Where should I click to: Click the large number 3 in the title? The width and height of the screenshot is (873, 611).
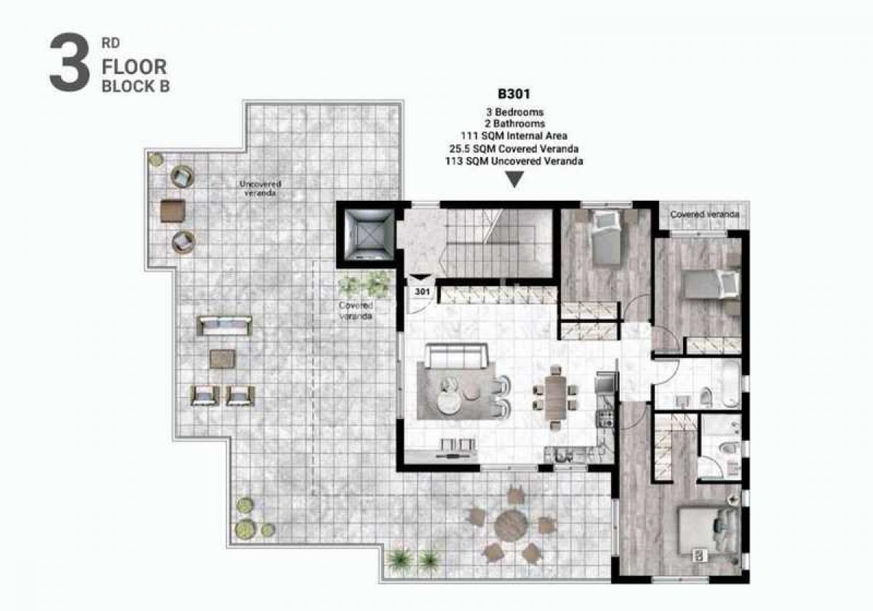69,63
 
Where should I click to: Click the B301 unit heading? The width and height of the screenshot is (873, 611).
514,94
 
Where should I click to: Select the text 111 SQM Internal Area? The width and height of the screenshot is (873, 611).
514,136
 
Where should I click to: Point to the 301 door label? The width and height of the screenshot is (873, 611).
422,292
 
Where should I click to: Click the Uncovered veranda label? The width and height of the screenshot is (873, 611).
260,188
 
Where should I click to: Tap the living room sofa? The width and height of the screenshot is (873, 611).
456,356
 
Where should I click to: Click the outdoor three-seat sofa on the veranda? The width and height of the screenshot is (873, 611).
224,326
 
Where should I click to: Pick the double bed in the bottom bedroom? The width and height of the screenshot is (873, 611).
709,530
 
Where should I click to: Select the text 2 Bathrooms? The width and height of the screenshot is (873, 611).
514,124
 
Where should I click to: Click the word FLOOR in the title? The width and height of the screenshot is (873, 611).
134,67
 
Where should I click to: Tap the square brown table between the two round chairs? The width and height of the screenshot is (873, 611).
172,211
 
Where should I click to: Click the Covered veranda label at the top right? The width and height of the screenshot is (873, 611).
705,215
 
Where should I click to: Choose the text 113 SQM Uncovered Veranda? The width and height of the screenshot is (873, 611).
514,161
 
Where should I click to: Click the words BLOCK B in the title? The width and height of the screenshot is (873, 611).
135,87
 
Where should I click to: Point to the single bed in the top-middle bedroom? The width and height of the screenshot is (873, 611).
606,238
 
